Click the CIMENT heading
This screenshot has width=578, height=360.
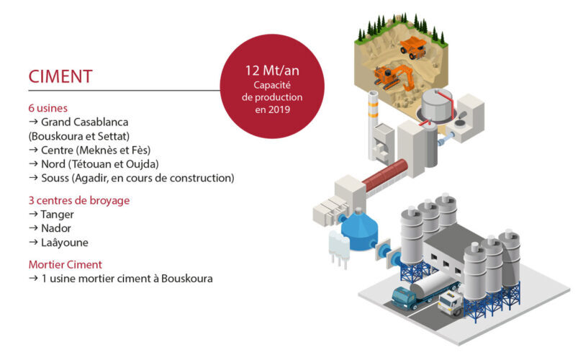[x=60, y=76]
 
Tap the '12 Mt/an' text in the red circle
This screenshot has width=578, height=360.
[x=272, y=70]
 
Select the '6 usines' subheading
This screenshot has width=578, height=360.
[x=48, y=108]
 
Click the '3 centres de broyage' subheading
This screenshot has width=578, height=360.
[x=79, y=201]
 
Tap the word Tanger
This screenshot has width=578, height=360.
[x=57, y=215]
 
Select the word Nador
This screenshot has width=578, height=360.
[x=56, y=228]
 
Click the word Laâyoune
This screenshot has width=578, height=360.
[x=65, y=243]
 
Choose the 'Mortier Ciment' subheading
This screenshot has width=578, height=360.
[x=66, y=264]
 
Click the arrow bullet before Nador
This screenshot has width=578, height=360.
[x=33, y=228]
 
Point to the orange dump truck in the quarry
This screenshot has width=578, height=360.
[x=414, y=47]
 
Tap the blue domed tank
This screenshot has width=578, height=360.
[x=359, y=230]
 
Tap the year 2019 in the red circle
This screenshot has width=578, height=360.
[x=279, y=109]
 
